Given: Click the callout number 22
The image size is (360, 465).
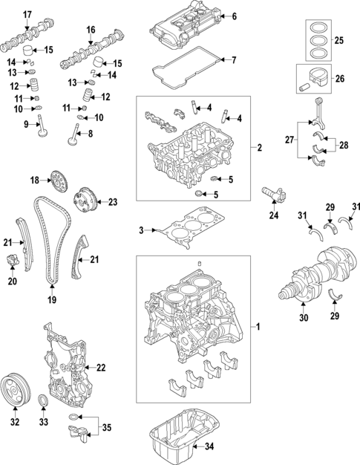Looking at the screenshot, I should [102, 367].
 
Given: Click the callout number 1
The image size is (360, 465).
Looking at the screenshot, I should [258, 327].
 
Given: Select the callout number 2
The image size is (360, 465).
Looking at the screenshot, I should [260, 148].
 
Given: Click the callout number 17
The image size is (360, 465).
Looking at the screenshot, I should [27, 15].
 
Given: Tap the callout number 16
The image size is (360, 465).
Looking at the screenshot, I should [91, 29].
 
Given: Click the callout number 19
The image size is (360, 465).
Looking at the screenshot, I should [52, 299].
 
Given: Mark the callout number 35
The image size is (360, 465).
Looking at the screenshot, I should [107, 429].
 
